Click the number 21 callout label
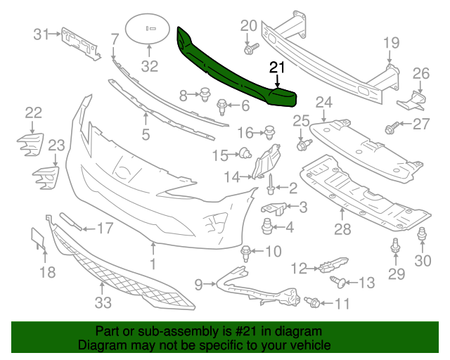[277, 67]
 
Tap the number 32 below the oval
[150, 67]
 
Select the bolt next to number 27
[392, 128]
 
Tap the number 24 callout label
[323, 103]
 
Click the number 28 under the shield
[342, 230]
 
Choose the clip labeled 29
[394, 247]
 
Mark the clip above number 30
[422, 236]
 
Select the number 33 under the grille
[103, 302]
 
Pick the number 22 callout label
[33, 112]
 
